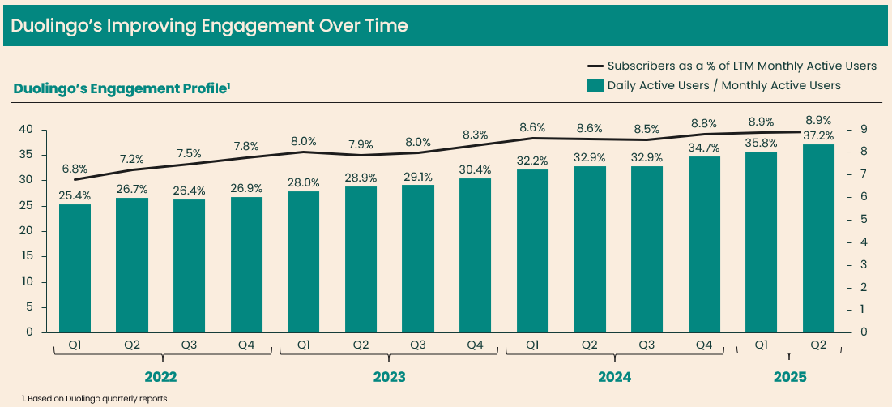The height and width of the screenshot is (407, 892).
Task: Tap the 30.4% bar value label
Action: click(475, 169)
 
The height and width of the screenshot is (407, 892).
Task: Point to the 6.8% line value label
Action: click(75, 169)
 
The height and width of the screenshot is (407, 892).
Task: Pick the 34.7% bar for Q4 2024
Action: click(704, 244)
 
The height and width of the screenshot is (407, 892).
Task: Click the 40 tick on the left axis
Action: click(26, 130)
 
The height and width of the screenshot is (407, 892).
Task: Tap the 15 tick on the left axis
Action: click(26, 256)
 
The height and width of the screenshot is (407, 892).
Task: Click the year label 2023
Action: click(389, 378)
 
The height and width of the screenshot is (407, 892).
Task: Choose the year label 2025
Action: click(790, 378)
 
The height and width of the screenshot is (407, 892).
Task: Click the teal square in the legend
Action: click(595, 85)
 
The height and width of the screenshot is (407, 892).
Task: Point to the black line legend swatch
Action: click(595, 66)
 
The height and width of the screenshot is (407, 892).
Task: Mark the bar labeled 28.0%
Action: click(303, 261)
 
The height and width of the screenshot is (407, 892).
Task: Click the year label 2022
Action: click(160, 378)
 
